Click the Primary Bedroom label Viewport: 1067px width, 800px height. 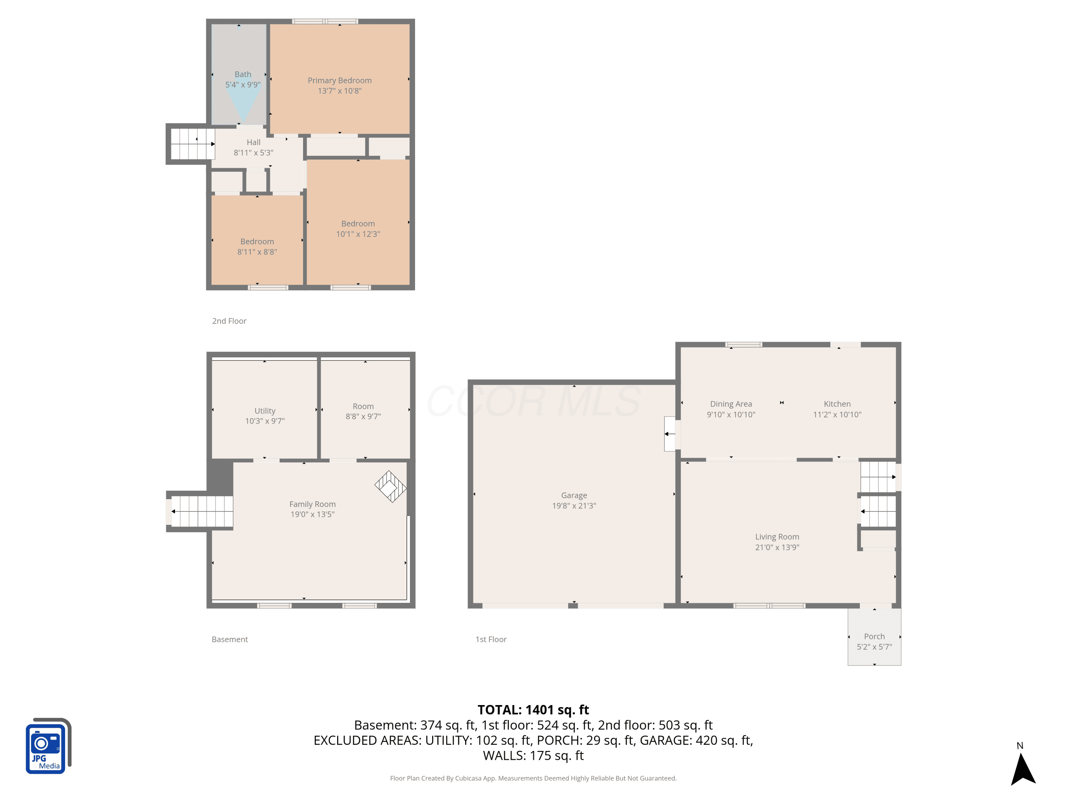tap(340, 80)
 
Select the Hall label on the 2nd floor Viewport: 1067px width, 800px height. tap(254, 142)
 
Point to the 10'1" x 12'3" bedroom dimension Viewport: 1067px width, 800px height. tap(358, 234)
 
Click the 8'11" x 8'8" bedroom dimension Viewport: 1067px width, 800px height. tap(257, 252)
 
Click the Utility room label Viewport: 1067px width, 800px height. tap(265, 411)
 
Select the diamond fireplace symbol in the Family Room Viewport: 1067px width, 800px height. tap(390, 486)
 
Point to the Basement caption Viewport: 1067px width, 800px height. tap(230, 639)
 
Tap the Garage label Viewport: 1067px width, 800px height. tap(574, 496)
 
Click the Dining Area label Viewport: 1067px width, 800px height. tap(731, 404)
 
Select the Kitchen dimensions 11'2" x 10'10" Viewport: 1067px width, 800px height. tap(837, 415)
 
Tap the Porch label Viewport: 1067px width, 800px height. tap(874, 636)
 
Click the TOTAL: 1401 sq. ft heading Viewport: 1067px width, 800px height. tap(533, 710)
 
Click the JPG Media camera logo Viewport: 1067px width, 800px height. tap(48, 746)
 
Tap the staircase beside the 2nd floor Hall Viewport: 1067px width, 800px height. tap(192, 144)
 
